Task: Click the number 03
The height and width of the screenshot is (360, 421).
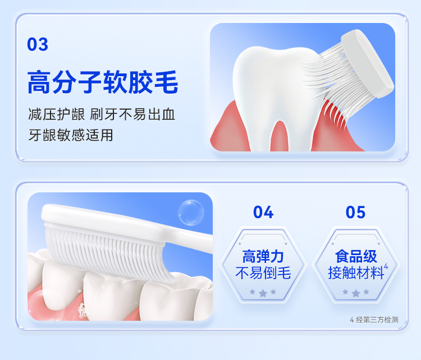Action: pos(38,44)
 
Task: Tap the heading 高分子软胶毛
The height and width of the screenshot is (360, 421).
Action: pos(103,82)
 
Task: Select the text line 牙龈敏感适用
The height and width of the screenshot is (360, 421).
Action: pos(71,135)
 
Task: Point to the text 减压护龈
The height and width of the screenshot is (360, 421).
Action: pos(57,114)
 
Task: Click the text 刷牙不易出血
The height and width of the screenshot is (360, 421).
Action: pos(132,114)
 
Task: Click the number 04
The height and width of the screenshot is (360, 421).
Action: pos(263,212)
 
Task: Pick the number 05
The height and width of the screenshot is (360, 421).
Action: pos(355,212)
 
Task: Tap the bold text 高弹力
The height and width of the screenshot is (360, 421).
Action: pos(263,256)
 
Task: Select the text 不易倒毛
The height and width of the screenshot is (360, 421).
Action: pos(263,273)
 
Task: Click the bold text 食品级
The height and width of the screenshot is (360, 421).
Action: pos(356,256)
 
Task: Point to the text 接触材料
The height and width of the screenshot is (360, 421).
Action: pos(356,273)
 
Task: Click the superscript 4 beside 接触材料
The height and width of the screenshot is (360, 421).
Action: pos(386,266)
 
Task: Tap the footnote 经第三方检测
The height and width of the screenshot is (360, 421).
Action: pos(377,320)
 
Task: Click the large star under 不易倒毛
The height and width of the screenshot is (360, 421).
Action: pos(263,293)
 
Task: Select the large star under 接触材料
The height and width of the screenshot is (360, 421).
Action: pos(356,293)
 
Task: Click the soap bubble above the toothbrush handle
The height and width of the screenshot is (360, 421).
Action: pos(191,213)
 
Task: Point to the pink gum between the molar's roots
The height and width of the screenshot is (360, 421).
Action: pos(280,138)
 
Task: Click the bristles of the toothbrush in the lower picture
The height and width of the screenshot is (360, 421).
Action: pos(107,250)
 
